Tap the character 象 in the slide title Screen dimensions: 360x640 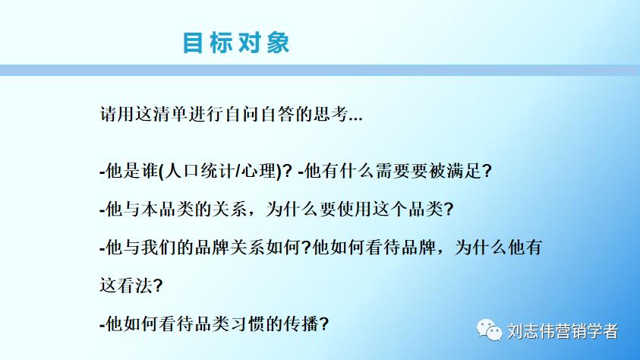(278, 43)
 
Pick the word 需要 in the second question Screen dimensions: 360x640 (386, 171)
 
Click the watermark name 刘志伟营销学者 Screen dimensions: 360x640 (562, 331)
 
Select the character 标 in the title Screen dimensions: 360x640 (222, 43)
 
